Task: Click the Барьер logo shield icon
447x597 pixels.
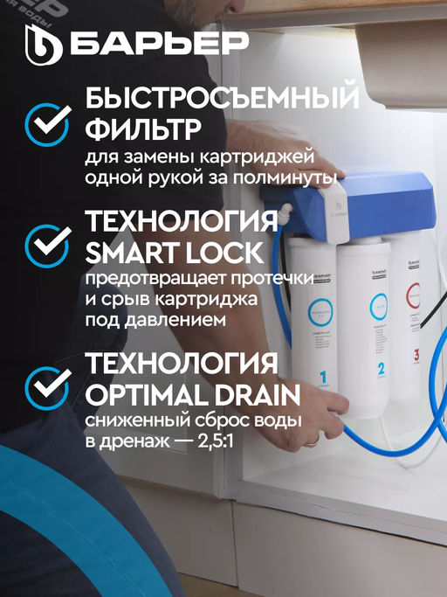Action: coord(45,43)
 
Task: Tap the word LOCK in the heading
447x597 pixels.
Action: coord(223,253)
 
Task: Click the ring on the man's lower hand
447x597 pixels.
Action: coord(311,442)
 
